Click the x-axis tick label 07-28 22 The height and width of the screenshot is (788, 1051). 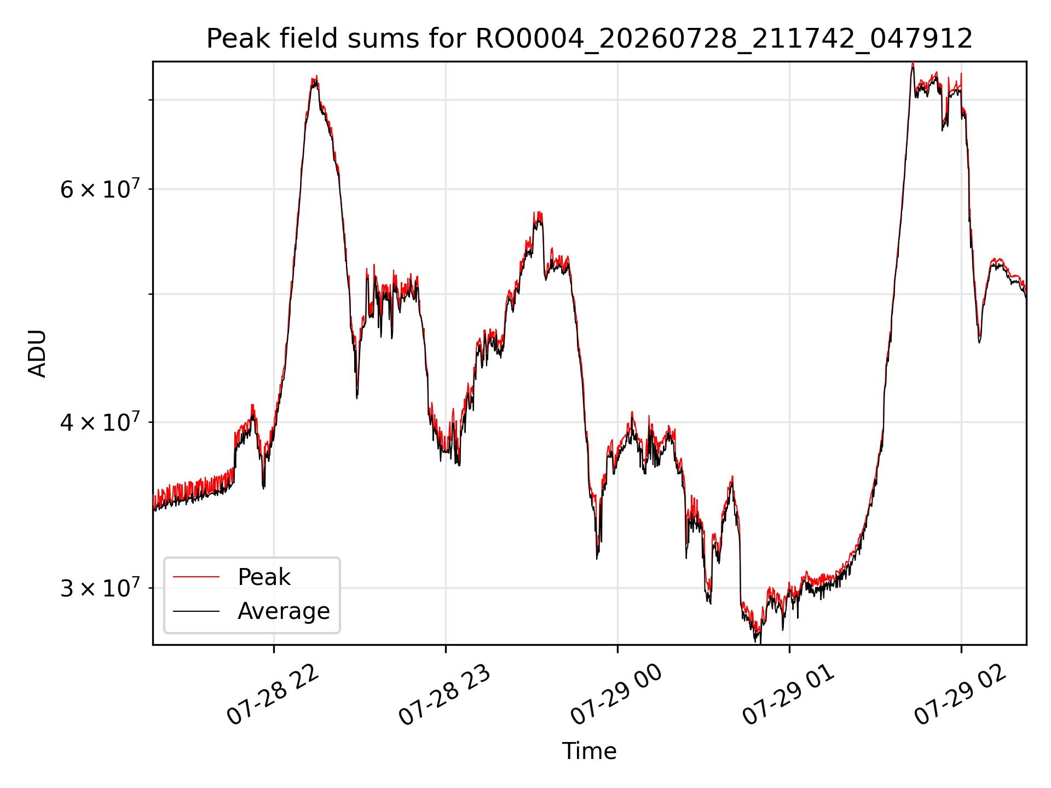(x=272, y=695)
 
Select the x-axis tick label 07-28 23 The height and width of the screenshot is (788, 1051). (x=444, y=695)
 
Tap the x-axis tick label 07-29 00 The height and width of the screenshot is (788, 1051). (x=616, y=695)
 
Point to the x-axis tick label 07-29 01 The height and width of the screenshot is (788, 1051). (x=788, y=695)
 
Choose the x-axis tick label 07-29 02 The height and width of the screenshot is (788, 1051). (x=960, y=695)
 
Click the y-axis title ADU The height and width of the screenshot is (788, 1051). (x=37, y=354)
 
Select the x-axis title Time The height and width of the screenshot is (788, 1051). (x=589, y=751)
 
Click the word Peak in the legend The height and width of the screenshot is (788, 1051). (x=264, y=577)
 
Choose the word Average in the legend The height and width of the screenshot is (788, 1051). (x=284, y=611)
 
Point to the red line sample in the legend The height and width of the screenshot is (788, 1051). (x=196, y=577)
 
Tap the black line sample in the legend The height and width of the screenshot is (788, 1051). (x=196, y=611)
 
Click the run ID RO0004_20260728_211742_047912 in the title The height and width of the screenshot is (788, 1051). (x=724, y=39)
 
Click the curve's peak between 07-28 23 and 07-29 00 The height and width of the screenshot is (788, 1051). (x=539, y=215)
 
